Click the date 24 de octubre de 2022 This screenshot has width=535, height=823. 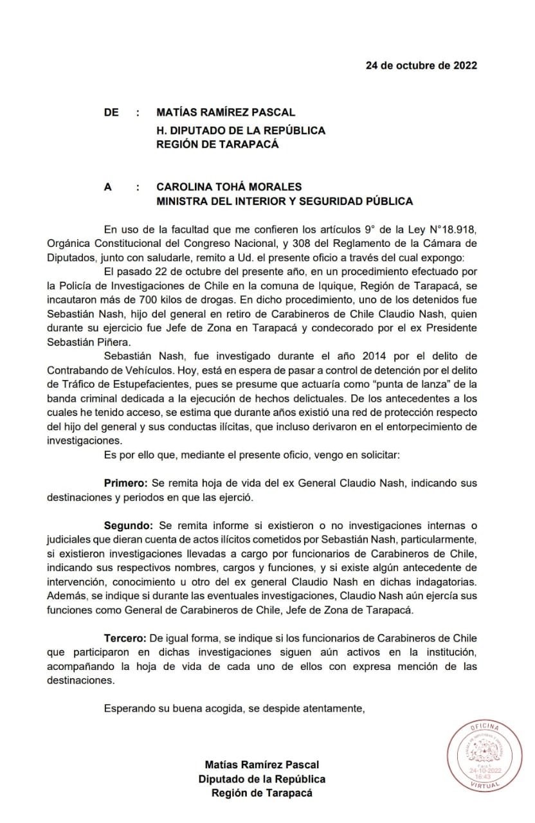421,65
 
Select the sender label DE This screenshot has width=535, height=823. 111,113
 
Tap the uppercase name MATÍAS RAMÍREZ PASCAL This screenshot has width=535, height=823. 226,113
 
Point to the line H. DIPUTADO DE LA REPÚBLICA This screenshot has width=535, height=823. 240,130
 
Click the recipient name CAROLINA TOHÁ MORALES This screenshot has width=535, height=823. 229,187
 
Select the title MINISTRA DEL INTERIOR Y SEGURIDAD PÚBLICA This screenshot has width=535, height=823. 284,201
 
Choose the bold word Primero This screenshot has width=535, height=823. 125,483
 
